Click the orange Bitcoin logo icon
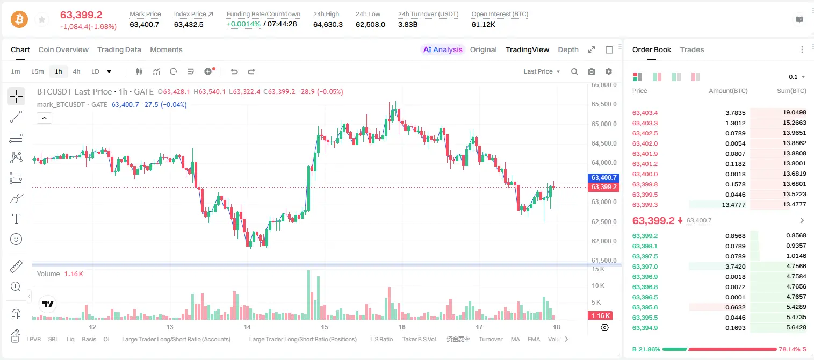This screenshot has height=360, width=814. [19, 19]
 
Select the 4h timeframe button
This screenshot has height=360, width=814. [76, 71]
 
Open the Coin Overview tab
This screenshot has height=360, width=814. [63, 49]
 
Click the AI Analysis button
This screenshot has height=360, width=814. [443, 49]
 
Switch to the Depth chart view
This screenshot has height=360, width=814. [568, 49]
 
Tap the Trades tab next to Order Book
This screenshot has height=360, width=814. [692, 49]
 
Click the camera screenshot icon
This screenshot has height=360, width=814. [592, 71]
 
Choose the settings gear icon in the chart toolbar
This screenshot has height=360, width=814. [609, 71]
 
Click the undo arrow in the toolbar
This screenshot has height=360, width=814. [234, 71]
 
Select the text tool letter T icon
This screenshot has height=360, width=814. [16, 219]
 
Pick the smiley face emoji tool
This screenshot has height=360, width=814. [16, 239]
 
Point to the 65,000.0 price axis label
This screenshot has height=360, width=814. [604, 124]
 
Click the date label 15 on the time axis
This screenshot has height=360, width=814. [324, 327]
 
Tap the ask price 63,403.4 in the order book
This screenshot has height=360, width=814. [645, 113]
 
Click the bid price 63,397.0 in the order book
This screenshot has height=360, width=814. [645, 267]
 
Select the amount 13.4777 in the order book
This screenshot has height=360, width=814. [733, 205]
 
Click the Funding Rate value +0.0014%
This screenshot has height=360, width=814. [243, 24]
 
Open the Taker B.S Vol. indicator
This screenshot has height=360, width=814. [419, 339]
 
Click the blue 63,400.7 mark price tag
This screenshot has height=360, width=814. [603, 178]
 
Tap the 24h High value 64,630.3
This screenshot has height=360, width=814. [328, 24]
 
